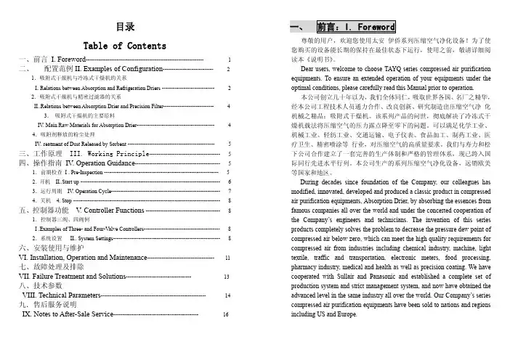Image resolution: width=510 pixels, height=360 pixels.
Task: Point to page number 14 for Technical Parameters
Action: [x=228, y=296]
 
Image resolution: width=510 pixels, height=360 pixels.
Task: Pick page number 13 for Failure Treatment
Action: [x=227, y=277]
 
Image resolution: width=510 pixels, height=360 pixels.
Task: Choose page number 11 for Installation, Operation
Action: [x=228, y=258]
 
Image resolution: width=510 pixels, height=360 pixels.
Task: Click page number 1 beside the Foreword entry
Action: [x=230, y=60]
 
